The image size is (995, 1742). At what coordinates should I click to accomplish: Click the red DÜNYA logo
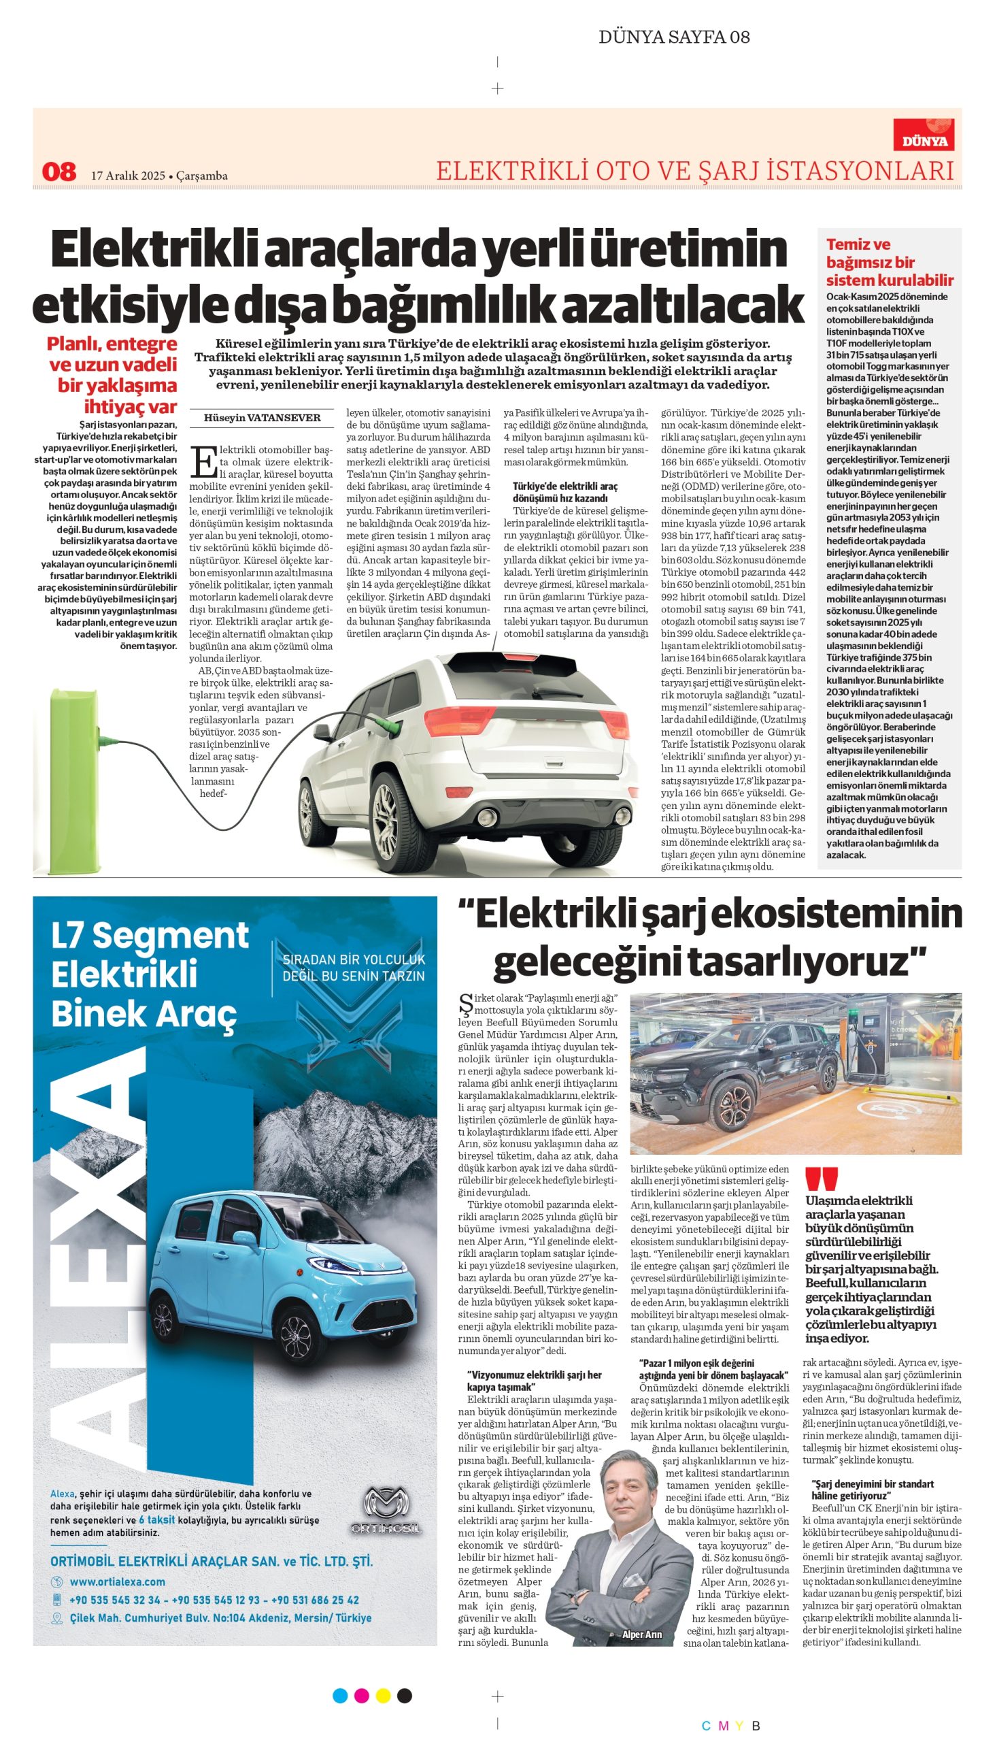coord(923,135)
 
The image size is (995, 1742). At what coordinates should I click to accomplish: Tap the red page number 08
coord(58,171)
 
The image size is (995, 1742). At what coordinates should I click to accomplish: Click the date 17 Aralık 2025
coord(129,176)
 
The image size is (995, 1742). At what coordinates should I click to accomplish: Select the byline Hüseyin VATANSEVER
coord(262,418)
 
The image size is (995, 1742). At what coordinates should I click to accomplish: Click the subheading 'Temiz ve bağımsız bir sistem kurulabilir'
coord(888,262)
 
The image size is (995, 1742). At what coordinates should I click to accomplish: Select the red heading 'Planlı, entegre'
coord(112,343)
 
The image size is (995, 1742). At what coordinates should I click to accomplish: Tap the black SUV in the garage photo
coord(724,1078)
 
